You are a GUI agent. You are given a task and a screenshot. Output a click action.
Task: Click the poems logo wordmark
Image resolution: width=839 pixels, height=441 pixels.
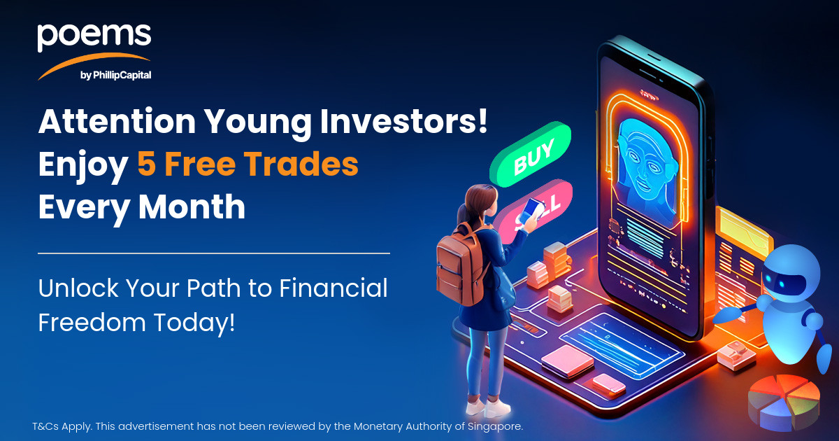click(x=94, y=37)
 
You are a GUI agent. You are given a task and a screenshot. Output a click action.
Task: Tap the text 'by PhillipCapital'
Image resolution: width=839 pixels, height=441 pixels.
click(x=116, y=76)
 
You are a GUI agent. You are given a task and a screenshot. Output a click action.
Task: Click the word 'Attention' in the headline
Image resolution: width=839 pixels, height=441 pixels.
click(x=117, y=121)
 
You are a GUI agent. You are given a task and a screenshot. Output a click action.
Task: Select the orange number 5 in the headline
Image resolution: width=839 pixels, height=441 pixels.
click(x=146, y=164)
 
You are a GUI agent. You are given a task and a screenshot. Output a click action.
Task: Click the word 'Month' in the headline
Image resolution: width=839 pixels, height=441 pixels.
click(x=192, y=206)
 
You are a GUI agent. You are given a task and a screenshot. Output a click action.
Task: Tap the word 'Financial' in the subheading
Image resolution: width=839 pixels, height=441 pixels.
click(x=334, y=288)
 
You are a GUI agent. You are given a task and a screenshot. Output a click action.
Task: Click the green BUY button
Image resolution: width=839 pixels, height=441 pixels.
click(x=531, y=155)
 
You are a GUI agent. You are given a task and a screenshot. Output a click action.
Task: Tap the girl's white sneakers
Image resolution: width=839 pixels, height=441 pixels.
click(x=488, y=407)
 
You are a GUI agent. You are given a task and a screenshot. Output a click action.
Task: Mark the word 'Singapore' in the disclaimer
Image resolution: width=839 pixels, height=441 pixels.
click(x=495, y=427)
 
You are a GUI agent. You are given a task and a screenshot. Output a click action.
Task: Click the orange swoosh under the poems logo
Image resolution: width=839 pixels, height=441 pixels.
click(x=94, y=64)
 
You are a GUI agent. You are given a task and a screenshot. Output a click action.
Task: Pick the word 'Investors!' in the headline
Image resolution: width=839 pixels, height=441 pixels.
click(x=403, y=121)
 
